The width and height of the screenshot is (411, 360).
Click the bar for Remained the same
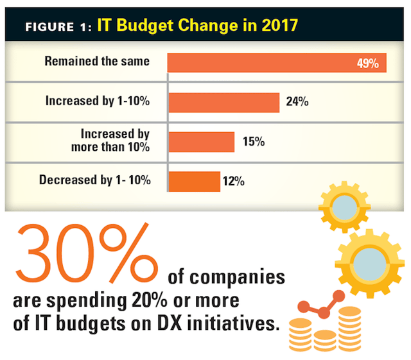pos(276,62)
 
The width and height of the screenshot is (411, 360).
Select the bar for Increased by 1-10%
pos(223,102)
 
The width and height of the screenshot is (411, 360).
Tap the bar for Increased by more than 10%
pos(201,142)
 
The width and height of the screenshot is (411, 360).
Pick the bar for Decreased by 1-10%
pos(194,181)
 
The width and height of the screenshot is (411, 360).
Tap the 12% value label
pos(232,182)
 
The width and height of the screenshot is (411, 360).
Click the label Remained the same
pos(97,62)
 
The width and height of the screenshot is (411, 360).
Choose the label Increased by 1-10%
pos(98,101)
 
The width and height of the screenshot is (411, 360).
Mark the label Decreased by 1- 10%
pos(95,180)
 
